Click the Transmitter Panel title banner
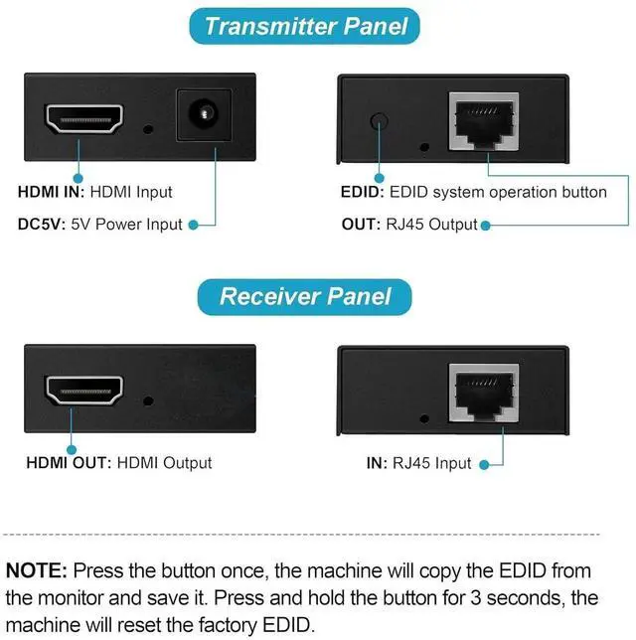point(305,27)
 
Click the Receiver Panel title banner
point(305,297)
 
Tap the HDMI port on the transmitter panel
point(82,119)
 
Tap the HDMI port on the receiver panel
point(83,390)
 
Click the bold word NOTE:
point(37,571)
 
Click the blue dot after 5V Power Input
point(194,225)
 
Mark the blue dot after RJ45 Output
point(486,225)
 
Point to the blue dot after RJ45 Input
point(483,463)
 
